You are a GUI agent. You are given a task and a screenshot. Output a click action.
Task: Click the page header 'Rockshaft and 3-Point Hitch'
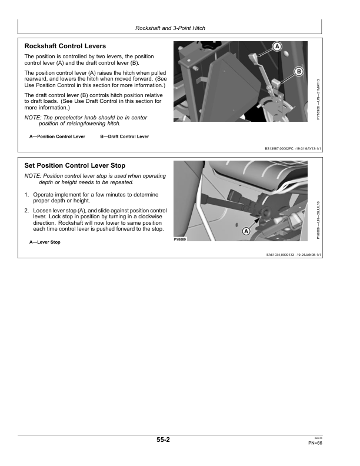[170, 28]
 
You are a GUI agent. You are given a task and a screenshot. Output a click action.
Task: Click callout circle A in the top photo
[277, 46]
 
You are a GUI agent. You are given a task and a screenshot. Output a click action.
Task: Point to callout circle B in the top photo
[299, 71]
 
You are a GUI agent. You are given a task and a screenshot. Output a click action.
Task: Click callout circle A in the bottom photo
[246, 231]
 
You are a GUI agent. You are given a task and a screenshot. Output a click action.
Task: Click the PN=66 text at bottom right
[315, 443]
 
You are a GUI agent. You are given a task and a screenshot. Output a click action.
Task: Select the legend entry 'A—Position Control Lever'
[57, 137]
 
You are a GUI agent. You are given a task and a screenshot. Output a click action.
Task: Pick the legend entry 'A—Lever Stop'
[45, 242]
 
